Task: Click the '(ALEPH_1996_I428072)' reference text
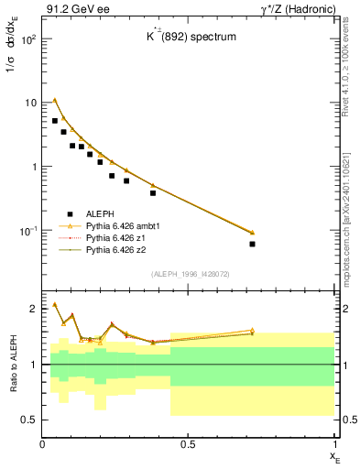point(190,273)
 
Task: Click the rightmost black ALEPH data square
point(252,244)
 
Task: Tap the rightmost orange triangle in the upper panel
point(252,232)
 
